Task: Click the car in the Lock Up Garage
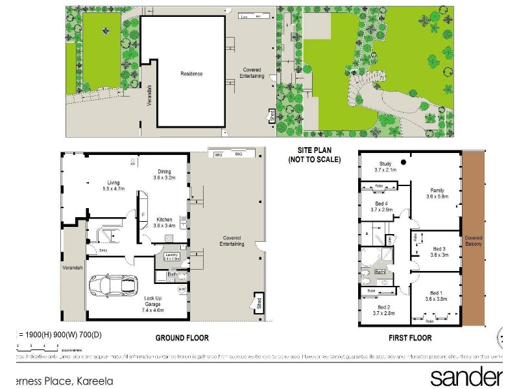[x=112, y=285]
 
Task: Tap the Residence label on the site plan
[x=191, y=74]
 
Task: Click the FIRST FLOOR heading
[x=410, y=338]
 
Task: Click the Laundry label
[x=171, y=255]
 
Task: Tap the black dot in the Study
[x=404, y=162]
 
